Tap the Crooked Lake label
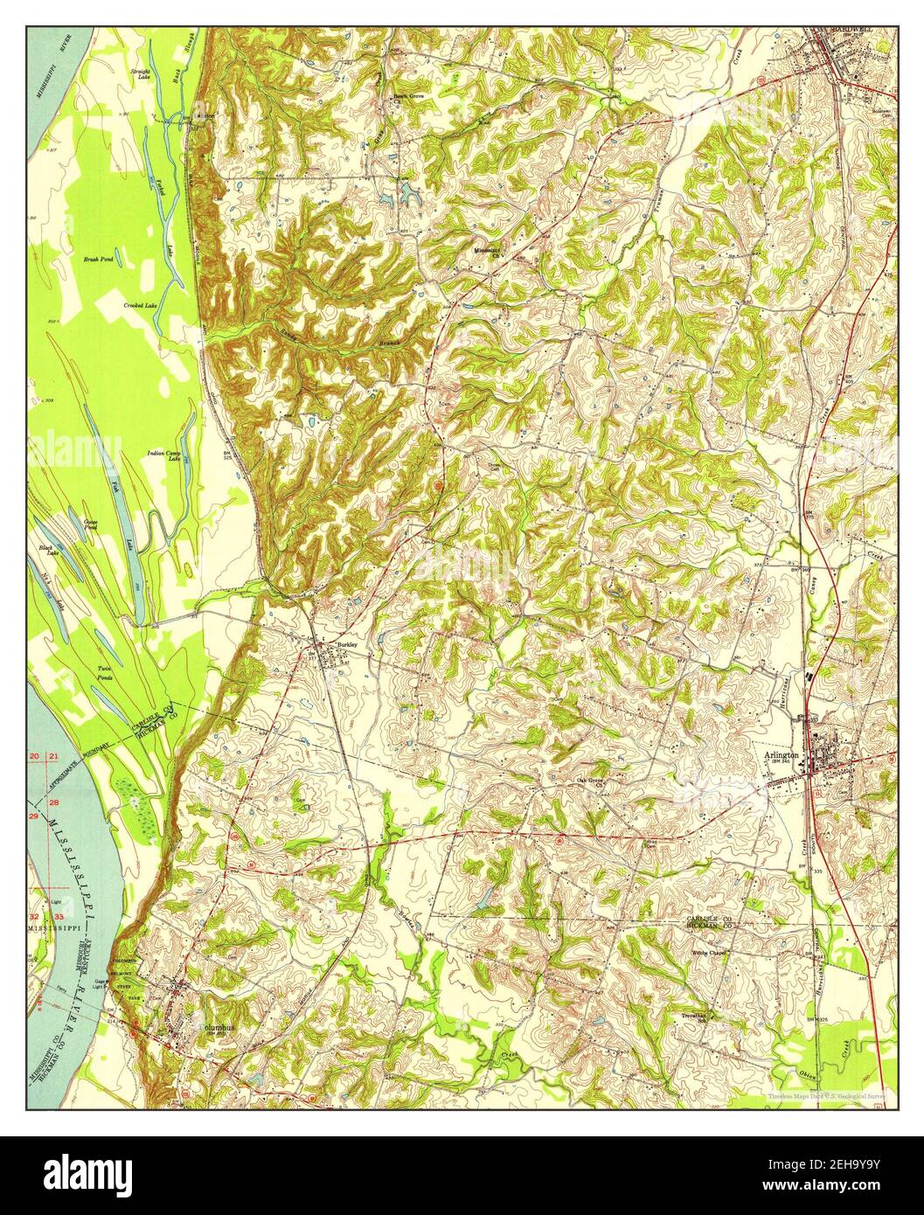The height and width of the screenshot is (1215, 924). point(139,305)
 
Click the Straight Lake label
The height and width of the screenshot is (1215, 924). point(140,73)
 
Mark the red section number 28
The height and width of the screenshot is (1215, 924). point(55,802)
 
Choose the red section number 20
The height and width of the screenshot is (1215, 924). point(35,756)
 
